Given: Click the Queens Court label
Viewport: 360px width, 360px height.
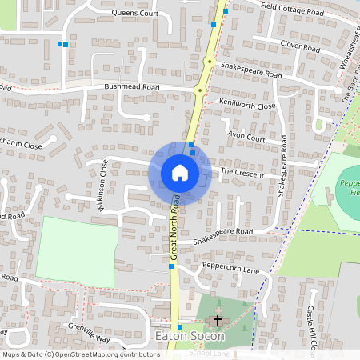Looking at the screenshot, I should [135, 14].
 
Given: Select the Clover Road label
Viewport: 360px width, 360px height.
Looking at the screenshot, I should [300, 48].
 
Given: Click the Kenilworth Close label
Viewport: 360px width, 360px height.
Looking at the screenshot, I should [248, 106].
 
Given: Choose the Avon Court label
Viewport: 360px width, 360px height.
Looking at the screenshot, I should [246, 137].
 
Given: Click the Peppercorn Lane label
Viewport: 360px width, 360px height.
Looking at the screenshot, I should [231, 270].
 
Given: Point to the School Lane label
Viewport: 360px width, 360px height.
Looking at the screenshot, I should [210, 352].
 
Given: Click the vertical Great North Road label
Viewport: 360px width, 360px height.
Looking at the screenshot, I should [173, 230].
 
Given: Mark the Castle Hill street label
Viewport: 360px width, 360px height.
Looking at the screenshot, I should [313, 327].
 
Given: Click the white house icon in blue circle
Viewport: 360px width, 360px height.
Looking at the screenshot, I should [180, 173].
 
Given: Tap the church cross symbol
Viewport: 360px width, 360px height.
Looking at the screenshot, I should [216, 321].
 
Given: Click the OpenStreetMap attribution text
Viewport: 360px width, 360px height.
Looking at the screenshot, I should [80, 354].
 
